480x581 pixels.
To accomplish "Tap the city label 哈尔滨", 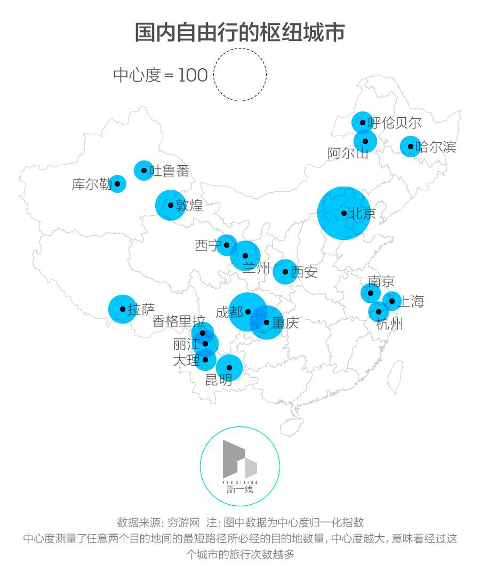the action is pos(436,147).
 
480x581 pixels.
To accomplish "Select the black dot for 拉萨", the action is pos(123,309).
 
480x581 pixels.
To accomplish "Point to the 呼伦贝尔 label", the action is pos(395,123).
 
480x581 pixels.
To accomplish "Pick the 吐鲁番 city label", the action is pos(169,171).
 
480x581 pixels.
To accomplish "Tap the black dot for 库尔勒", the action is pos(117,184).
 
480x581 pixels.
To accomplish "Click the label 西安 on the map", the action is pos(304,272).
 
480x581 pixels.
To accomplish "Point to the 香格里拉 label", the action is pos(178,321).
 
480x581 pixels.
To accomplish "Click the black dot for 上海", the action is pos(392,301).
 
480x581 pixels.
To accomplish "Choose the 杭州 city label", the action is pos(390,324).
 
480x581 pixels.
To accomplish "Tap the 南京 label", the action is pos(381,281).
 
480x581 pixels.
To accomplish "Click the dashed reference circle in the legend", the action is pos(240,74).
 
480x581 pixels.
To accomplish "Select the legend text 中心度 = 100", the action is pos(160,75).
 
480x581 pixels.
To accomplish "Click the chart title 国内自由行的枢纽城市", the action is pos(239,32).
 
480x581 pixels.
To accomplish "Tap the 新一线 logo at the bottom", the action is pos(240,466).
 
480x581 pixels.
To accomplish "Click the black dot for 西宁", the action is pos(227,245).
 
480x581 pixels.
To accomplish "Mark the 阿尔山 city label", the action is pos(348,154).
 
